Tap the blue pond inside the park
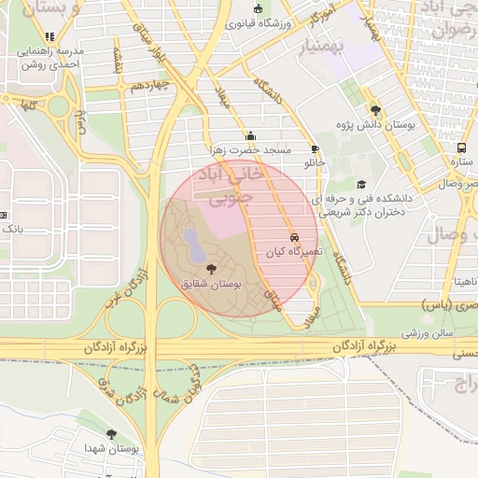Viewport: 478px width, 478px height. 193,246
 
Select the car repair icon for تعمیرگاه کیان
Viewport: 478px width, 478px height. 294,237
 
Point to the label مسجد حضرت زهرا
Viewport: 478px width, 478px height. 250,149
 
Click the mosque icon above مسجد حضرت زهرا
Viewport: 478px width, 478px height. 250,135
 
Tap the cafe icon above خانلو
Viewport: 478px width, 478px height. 315,148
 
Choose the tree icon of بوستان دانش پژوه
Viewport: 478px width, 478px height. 375,109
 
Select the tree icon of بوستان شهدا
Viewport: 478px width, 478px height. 111,434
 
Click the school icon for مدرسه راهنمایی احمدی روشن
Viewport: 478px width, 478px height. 49,37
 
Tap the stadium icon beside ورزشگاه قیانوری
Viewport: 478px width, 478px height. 259,9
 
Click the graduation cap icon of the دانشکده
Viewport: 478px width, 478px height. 361,185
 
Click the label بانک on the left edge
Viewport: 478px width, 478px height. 11,227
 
